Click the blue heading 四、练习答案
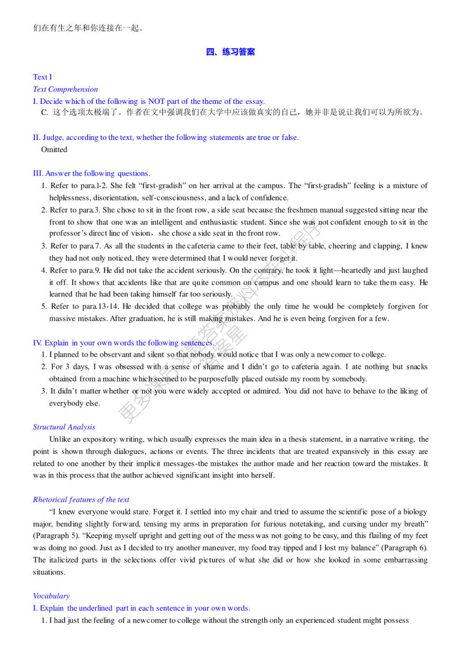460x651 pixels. pos(230,52)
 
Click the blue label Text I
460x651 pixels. pos(42,77)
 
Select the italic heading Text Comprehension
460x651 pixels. pos(65,89)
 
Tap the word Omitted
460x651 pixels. pos(54,149)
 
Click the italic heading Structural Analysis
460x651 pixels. pos(64,427)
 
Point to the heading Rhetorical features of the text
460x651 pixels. pos(81,499)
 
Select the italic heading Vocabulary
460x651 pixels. pos(51,596)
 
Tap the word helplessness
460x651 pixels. pos(69,198)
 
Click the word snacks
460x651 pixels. pos(417,367)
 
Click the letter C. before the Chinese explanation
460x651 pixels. pos(45,112)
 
